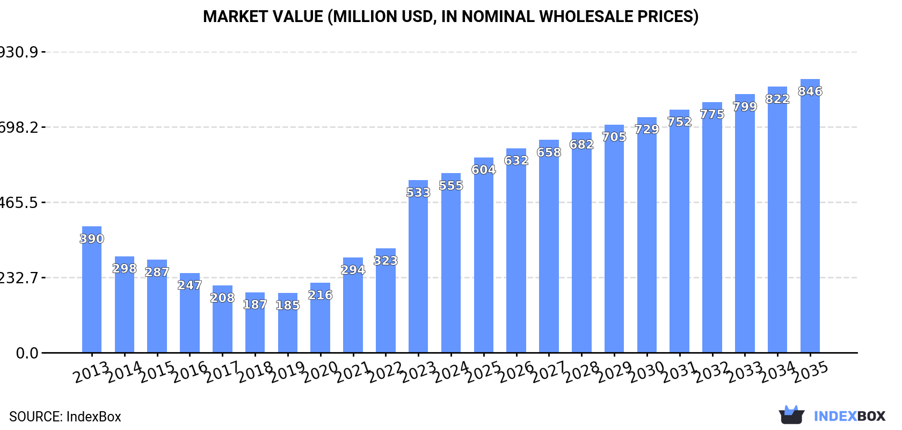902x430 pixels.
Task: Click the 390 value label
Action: coord(92,239)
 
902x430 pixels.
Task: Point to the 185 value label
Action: coord(288,305)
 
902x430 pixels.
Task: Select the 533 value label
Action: coord(418,192)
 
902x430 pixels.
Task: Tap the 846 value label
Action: coord(810,91)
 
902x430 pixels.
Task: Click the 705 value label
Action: coord(614,137)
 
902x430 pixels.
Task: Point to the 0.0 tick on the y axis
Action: coord(27,353)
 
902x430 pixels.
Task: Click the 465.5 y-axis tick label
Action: coord(19,203)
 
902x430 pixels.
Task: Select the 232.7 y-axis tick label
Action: coord(19,278)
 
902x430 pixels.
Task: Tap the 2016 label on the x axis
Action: coord(190,371)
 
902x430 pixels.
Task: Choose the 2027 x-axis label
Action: coord(549,371)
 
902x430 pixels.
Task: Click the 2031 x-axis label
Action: coord(679,371)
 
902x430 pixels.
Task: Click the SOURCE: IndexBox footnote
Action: coord(65,417)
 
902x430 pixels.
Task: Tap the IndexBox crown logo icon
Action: coord(791,415)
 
